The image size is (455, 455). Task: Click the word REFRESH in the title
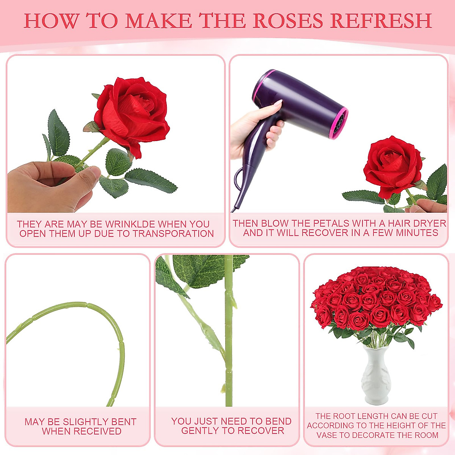tap(381, 21)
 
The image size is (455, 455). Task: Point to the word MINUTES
tap(417, 233)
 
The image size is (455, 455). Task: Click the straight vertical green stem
tap(229, 341)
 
